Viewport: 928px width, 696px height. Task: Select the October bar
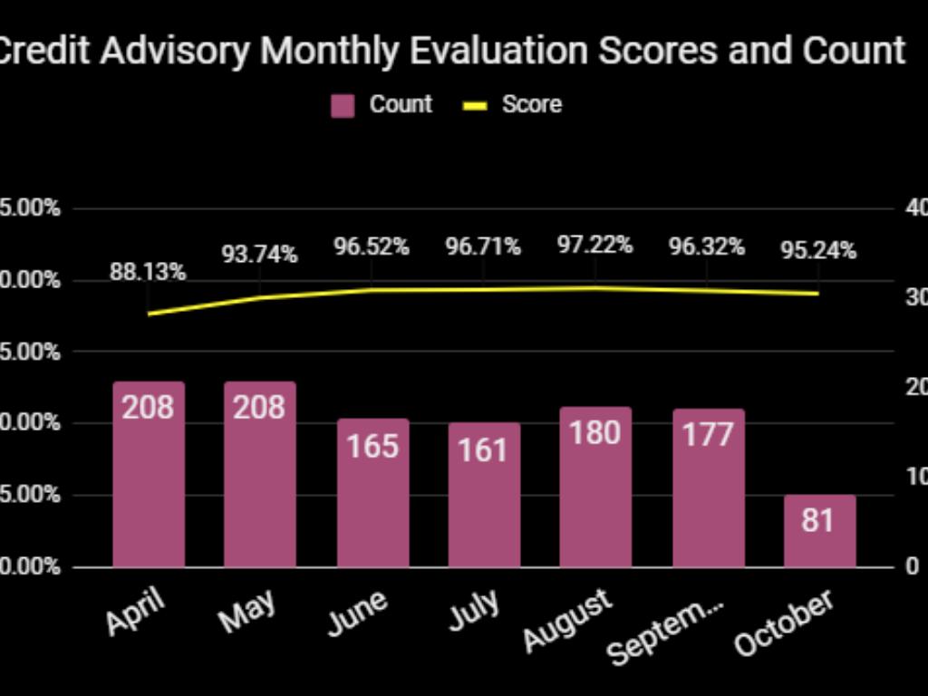819,535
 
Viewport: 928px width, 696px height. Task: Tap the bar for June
372,498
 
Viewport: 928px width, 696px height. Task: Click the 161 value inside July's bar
484,449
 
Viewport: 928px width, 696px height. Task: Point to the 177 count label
708,435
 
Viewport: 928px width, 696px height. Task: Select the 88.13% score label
148,271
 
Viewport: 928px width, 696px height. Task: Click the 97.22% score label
594,245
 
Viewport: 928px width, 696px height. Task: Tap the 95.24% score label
818,250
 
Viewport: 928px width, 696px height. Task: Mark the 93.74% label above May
260,255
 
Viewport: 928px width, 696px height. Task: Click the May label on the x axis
247,612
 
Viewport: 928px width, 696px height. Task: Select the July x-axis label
474,611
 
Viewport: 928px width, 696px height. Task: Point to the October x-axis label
783,623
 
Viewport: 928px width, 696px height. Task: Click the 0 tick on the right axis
912,566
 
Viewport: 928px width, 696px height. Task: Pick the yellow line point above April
148,314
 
